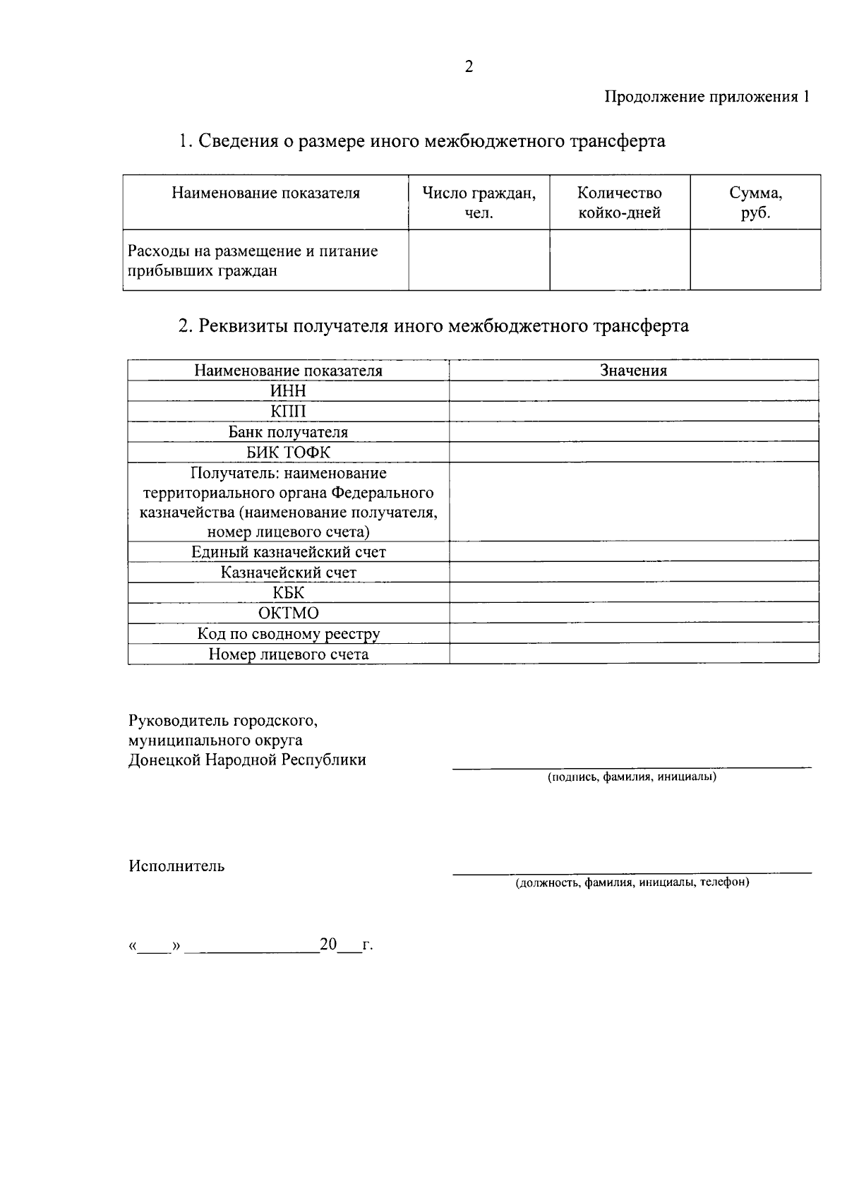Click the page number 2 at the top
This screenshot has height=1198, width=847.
pyautogui.click(x=469, y=67)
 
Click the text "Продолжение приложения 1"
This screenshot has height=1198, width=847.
pyautogui.click(x=707, y=97)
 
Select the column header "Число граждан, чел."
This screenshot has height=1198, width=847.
pyautogui.click(x=479, y=203)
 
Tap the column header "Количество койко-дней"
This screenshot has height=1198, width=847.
pyautogui.click(x=619, y=203)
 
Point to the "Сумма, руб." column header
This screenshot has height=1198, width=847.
pyautogui.click(x=755, y=203)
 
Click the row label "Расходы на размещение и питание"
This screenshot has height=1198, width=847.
pyautogui.click(x=253, y=251)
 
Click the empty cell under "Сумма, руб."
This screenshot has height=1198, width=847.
pyautogui.click(x=755, y=260)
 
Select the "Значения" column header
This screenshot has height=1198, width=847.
pyautogui.click(x=633, y=371)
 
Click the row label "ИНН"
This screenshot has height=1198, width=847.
pyautogui.click(x=288, y=391)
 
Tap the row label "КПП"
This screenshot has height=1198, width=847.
pyautogui.click(x=288, y=412)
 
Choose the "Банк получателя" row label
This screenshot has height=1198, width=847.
pyautogui.click(x=288, y=432)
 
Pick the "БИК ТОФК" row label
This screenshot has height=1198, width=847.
pyautogui.click(x=288, y=453)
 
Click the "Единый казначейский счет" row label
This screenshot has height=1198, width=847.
pyautogui.click(x=288, y=552)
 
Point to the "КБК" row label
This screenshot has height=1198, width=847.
pyautogui.click(x=288, y=593)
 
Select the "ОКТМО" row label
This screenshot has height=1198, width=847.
pyautogui.click(x=288, y=613)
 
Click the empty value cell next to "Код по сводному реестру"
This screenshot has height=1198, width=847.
pyautogui.click(x=633, y=634)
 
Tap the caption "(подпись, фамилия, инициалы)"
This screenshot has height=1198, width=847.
pyautogui.click(x=632, y=777)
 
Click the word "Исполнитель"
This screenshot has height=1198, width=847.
pyautogui.click(x=176, y=866)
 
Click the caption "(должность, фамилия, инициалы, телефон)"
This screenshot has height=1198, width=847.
pyautogui.click(x=632, y=882)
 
